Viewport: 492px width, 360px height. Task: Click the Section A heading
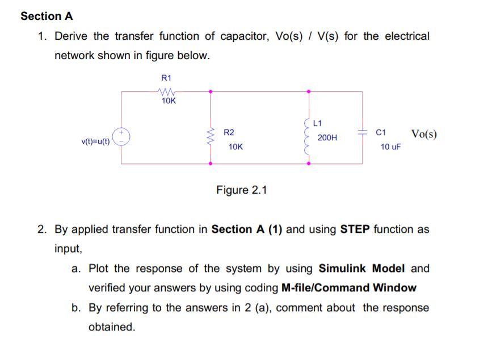pos(47,16)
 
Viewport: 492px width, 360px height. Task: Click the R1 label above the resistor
pos(166,78)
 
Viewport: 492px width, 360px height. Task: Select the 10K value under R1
pos(169,101)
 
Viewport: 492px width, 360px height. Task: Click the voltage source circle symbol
pos(121,137)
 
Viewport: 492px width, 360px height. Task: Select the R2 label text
pos(229,132)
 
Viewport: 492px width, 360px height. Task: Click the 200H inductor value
pos(327,137)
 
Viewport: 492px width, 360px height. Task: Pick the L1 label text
pos(317,123)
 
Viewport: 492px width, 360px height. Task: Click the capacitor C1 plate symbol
pos(362,131)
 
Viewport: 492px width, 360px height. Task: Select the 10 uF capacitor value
pos(390,146)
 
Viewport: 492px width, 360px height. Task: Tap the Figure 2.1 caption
pos(241,190)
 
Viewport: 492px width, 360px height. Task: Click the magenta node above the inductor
pos(309,91)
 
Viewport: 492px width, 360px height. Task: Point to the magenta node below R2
pos(211,164)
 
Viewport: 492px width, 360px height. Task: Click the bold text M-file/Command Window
pos(348,288)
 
